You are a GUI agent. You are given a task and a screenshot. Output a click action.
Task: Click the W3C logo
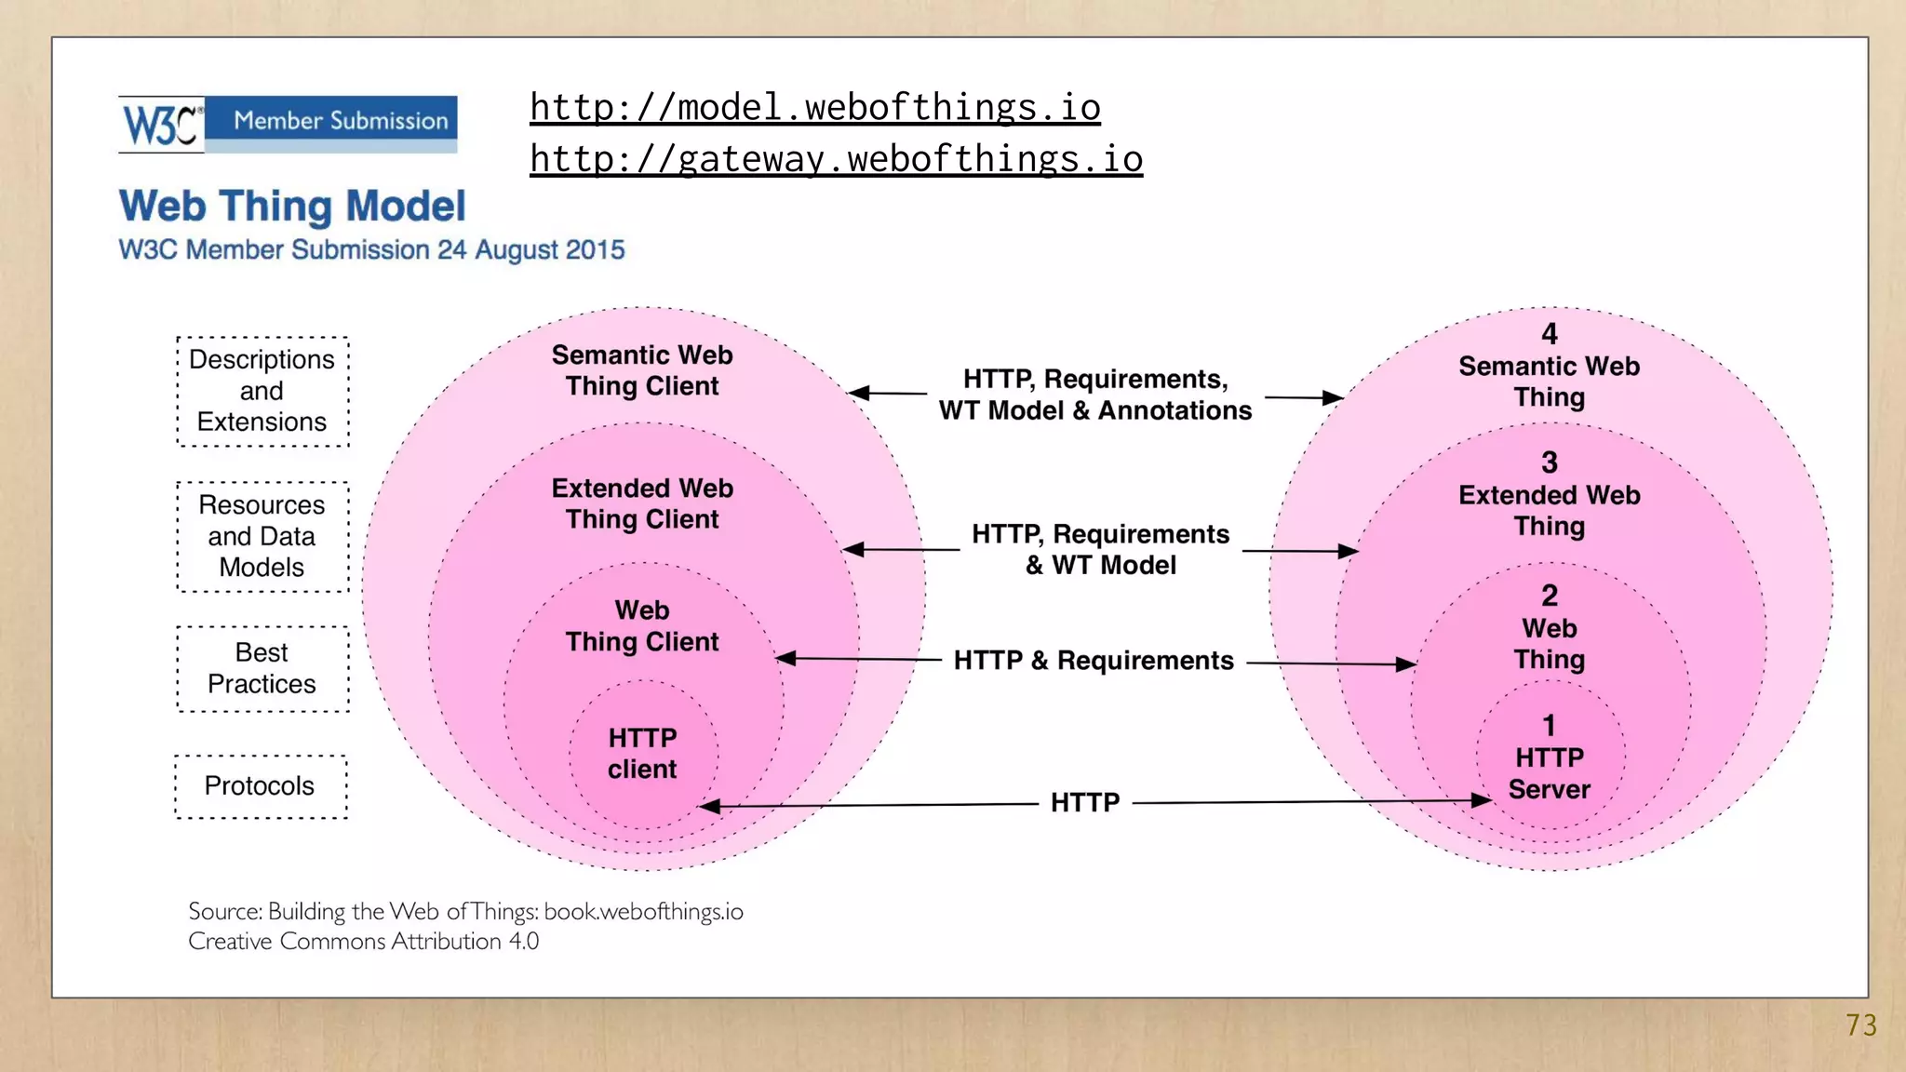(x=161, y=124)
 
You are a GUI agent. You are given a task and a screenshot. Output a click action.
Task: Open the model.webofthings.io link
(x=815, y=108)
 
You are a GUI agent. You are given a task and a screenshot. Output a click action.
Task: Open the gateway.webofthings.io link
(x=836, y=159)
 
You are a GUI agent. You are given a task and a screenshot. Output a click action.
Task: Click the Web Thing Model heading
(x=292, y=206)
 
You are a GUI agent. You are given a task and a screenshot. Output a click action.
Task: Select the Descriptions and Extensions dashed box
(x=262, y=391)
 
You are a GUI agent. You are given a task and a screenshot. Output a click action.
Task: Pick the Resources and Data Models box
(x=262, y=536)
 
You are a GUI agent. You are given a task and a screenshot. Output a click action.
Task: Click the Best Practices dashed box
(x=262, y=668)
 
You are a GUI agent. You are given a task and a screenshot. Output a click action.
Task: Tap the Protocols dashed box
(x=261, y=786)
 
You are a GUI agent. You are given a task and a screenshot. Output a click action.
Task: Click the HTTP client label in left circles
(x=642, y=754)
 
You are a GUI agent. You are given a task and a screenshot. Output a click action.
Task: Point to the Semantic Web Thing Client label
(x=642, y=370)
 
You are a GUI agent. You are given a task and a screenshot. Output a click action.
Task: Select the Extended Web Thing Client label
(x=642, y=503)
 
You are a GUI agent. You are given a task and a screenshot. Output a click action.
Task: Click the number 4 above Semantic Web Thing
(x=1550, y=334)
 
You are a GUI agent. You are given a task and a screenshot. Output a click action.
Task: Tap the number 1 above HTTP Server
(x=1550, y=725)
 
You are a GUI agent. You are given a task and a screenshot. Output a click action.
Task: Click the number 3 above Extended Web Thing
(x=1550, y=462)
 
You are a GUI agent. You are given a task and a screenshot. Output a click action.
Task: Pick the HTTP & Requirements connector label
(x=1094, y=661)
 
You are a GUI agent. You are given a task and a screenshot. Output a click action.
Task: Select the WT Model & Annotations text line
(x=1095, y=410)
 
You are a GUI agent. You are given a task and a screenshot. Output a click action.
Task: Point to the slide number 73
(x=1861, y=1025)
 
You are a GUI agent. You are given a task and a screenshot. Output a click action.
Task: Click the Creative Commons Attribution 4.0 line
(x=364, y=942)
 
